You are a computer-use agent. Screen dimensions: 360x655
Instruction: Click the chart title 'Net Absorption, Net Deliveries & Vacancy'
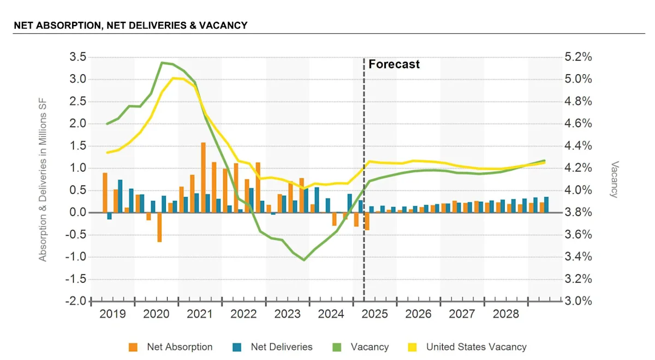pos(130,25)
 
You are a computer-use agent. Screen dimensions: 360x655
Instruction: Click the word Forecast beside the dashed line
pos(394,64)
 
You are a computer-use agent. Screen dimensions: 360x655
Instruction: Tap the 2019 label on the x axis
pos(112,314)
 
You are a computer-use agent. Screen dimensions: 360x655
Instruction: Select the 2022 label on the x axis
pos(243,314)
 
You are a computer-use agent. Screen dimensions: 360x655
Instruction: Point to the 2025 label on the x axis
pos(375,314)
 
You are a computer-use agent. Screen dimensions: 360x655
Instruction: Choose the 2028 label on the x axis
pos(506,314)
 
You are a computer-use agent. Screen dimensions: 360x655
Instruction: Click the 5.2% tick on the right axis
pos(578,57)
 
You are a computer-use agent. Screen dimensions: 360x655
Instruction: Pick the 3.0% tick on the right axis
pos(578,301)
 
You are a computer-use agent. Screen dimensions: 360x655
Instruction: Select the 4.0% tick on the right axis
pos(578,190)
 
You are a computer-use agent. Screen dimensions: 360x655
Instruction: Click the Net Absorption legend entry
pos(180,347)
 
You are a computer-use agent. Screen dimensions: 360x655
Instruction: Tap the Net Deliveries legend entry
pos(282,347)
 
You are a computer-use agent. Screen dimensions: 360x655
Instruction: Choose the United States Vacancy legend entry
pos(476,347)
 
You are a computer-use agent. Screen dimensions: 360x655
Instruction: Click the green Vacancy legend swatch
pos(337,347)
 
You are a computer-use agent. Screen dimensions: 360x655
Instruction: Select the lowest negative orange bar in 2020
pos(159,227)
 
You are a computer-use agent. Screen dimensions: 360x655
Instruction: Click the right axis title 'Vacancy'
pos(615,179)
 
